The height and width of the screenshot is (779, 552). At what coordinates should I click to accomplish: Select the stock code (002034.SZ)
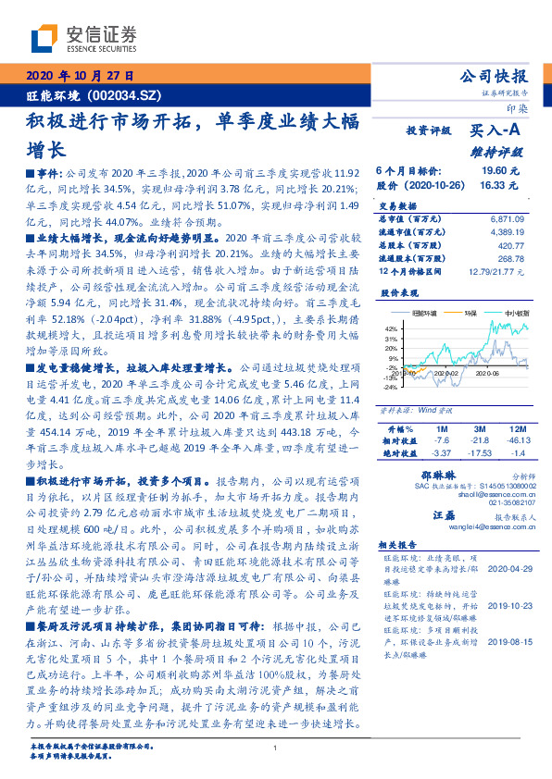tap(128, 94)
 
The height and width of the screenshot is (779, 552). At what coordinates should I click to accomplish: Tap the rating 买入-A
tap(498, 132)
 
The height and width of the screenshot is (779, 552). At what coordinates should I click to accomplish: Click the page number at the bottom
tap(276, 748)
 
